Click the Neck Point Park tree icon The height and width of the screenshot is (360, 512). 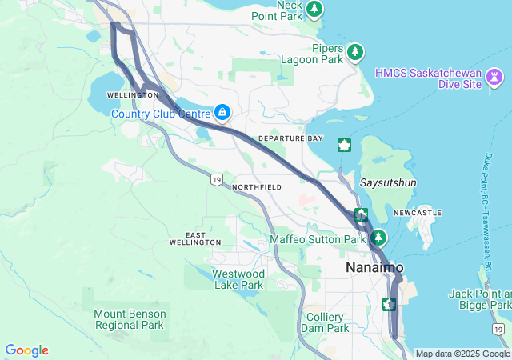[x=316, y=9]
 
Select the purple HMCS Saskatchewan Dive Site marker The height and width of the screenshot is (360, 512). [x=496, y=78]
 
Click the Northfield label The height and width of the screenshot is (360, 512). [x=256, y=187]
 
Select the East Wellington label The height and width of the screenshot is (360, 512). [x=195, y=238]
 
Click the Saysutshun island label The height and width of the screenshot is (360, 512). [x=388, y=182]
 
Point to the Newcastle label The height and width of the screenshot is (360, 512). [x=417, y=213]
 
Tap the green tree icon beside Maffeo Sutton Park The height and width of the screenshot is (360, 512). [x=378, y=238]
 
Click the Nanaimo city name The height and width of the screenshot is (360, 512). [x=374, y=267]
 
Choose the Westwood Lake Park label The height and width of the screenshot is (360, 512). [x=238, y=279]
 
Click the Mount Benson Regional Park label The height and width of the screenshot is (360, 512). [x=129, y=319]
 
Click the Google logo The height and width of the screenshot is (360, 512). [x=26, y=350]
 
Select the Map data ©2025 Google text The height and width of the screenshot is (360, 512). [x=462, y=354]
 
